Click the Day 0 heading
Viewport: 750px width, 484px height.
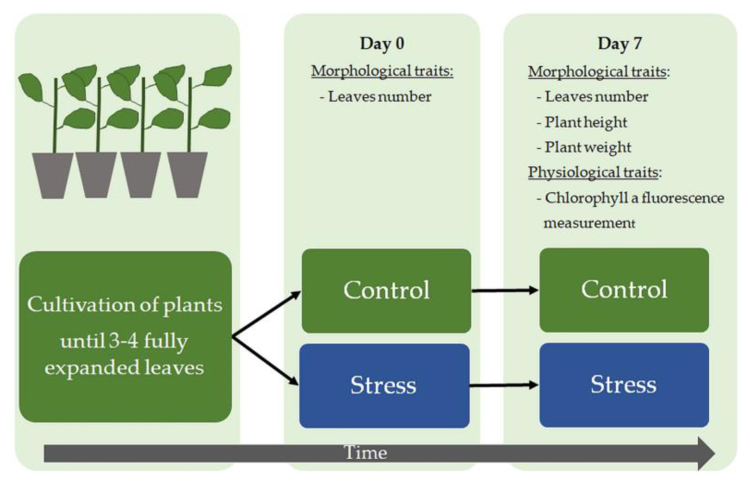(382, 43)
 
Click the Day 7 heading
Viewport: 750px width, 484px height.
(620, 43)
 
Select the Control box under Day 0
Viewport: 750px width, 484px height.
(386, 290)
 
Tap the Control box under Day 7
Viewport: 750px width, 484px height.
(624, 289)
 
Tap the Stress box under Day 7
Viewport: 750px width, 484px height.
(624, 384)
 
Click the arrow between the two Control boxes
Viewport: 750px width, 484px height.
(504, 290)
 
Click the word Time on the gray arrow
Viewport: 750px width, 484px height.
(365, 453)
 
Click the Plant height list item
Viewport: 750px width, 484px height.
(586, 122)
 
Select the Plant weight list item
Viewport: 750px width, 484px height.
(587, 147)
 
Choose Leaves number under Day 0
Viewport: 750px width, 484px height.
(379, 97)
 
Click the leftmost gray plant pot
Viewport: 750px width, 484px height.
(53, 175)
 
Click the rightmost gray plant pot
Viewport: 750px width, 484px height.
(187, 175)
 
